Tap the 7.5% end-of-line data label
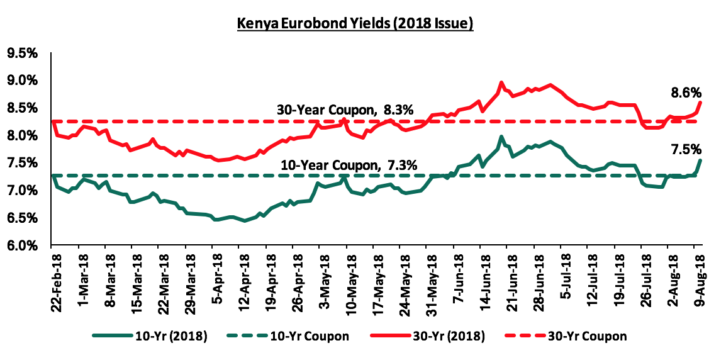click(x=687, y=149)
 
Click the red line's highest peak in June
click(x=501, y=82)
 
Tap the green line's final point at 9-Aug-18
click(x=701, y=160)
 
